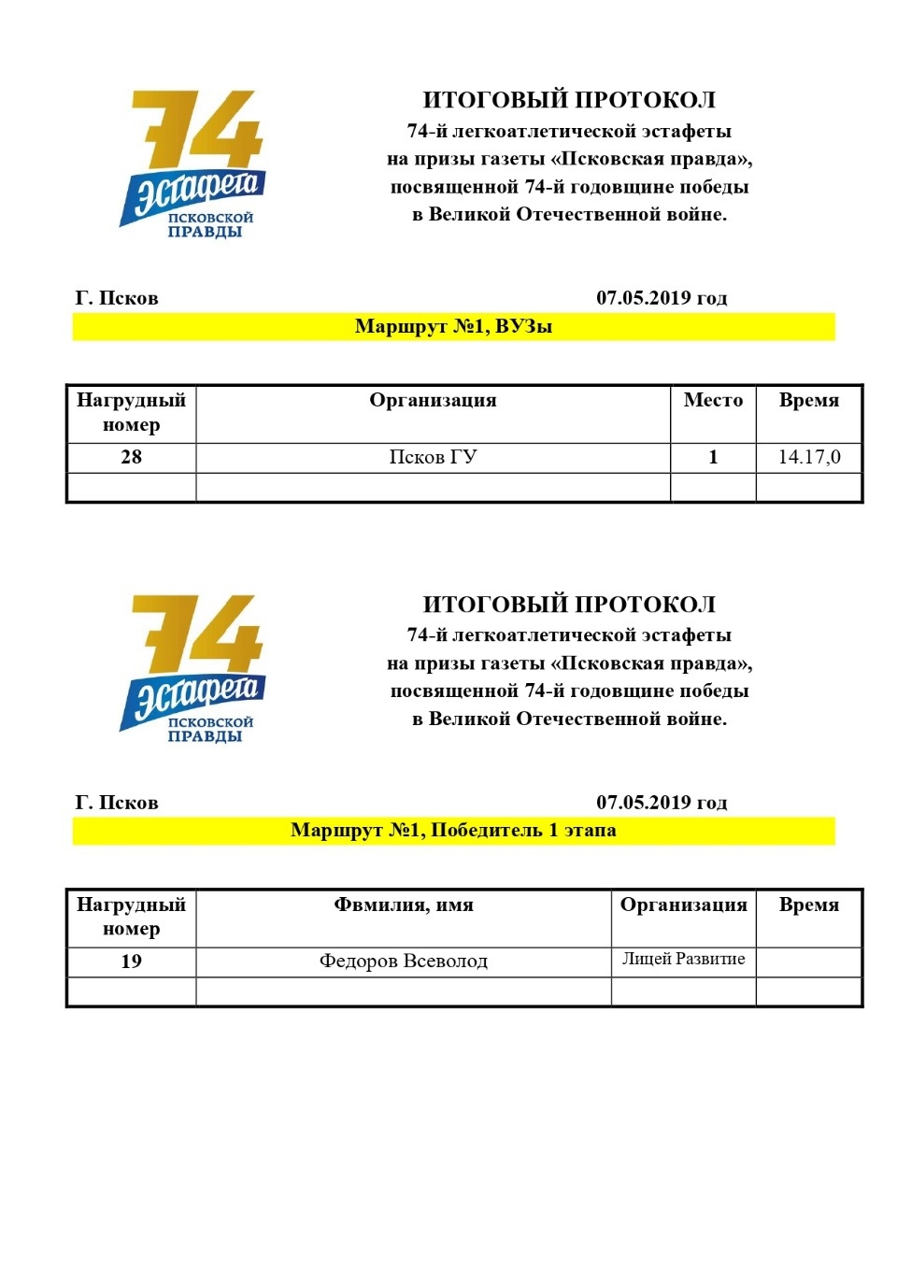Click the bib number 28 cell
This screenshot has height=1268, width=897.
pyautogui.click(x=131, y=457)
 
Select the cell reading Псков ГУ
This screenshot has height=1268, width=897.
pyautogui.click(x=433, y=457)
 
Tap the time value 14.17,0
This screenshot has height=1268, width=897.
pyautogui.click(x=808, y=457)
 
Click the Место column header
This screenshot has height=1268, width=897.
pyautogui.click(x=713, y=401)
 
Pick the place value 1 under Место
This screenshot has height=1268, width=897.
pyautogui.click(x=713, y=457)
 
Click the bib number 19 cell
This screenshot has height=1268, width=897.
pyautogui.click(x=131, y=962)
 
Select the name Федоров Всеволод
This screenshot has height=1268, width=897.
pyautogui.click(x=404, y=962)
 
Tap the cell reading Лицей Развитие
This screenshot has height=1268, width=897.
pyautogui.click(x=683, y=960)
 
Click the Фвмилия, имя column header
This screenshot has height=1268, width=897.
pyautogui.click(x=404, y=905)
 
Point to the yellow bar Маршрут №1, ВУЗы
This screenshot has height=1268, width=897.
pyautogui.click(x=453, y=327)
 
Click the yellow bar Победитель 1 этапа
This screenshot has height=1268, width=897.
pyautogui.click(x=453, y=831)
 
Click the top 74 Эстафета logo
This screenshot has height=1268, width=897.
pyautogui.click(x=193, y=164)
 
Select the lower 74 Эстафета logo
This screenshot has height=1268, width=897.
pyautogui.click(x=193, y=668)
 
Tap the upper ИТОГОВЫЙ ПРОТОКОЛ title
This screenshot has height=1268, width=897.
pyautogui.click(x=569, y=100)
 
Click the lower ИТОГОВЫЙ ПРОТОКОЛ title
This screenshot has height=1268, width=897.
pyautogui.click(x=569, y=605)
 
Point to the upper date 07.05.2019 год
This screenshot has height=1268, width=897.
pyautogui.click(x=662, y=298)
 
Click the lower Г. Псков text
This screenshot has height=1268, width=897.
pyautogui.click(x=117, y=803)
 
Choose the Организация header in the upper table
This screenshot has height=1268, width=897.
pyautogui.click(x=433, y=401)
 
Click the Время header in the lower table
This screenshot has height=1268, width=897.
pyautogui.click(x=808, y=905)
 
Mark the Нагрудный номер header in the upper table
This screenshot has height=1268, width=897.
pyautogui.click(x=131, y=412)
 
